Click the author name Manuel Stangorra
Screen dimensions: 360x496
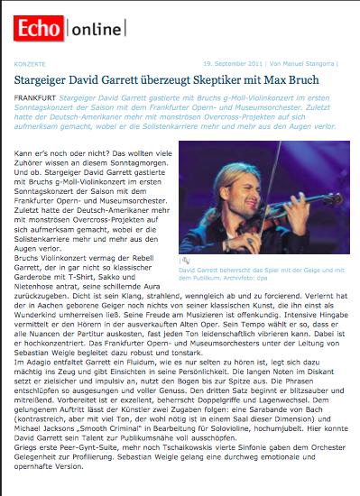tap(312, 65)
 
